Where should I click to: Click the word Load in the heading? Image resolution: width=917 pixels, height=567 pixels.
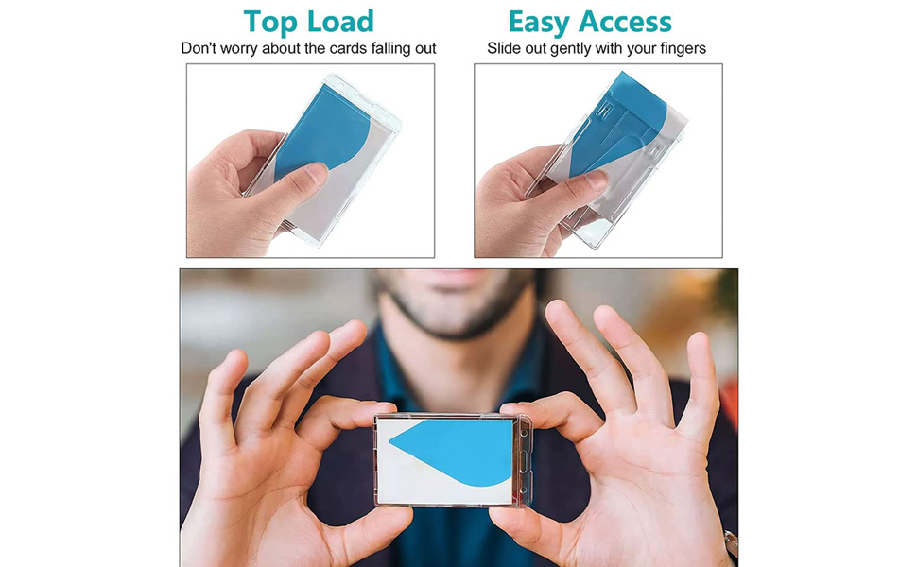click(x=340, y=22)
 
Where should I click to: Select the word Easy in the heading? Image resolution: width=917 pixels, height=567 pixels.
click(x=539, y=24)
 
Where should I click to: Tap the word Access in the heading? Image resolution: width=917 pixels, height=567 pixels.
click(x=625, y=23)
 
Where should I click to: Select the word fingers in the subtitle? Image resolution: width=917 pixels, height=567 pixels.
click(x=682, y=49)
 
